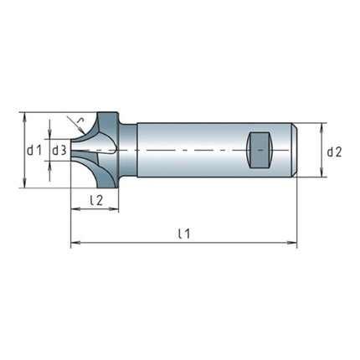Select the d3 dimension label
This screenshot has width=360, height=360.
pyautogui.click(x=59, y=151)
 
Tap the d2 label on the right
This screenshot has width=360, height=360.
pyautogui.click(x=334, y=152)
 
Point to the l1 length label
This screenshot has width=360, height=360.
pyautogui.click(x=184, y=234)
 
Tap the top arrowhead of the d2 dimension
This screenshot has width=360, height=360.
pyautogui.click(x=322, y=126)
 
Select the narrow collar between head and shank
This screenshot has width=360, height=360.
pyautogui.click(x=128, y=151)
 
